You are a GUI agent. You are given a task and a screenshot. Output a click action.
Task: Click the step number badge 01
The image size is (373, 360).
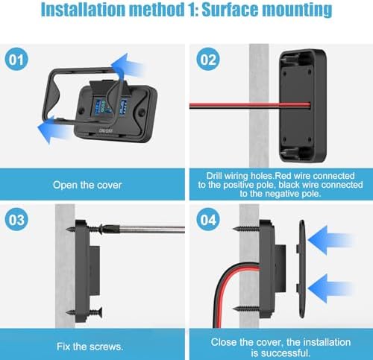pyautogui.click(x=16, y=59)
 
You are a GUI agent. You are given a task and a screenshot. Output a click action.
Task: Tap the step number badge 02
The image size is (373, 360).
pyautogui.click(x=208, y=59)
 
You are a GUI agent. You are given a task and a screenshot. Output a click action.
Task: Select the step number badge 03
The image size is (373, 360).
pyautogui.click(x=16, y=220)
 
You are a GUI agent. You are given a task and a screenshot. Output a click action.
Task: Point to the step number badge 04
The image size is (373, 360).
pyautogui.click(x=208, y=220)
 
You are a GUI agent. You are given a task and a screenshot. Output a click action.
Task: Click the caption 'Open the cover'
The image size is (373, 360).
pyautogui.click(x=87, y=185)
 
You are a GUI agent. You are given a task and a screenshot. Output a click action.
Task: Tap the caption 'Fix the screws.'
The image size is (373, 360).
pyautogui.click(x=90, y=347)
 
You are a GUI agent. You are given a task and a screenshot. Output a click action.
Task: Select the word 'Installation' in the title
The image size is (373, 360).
pyautogui.click(x=84, y=10)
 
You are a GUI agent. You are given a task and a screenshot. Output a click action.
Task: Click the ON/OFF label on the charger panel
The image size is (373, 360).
pyautogui.click(x=106, y=130)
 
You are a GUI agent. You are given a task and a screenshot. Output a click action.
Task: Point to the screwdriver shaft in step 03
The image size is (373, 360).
pyautogui.click(x=151, y=229)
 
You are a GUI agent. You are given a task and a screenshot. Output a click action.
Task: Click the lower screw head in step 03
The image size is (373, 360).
pyautogui.click(x=100, y=312)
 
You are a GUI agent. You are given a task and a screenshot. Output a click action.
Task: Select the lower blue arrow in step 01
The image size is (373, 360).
pyautogui.click(x=54, y=130)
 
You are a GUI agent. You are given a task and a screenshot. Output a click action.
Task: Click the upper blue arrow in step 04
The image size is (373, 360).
pyautogui.click(x=330, y=240)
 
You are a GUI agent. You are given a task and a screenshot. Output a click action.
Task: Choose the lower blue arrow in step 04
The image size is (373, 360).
pyautogui.click(x=330, y=288)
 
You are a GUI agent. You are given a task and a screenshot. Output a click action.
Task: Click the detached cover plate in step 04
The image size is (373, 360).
pyautogui.click(x=301, y=269)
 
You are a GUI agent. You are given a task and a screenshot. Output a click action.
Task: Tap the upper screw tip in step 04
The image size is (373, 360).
pyautogui.click(x=233, y=229)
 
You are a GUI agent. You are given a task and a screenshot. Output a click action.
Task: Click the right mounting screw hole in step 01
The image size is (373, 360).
pyautogui.click(x=142, y=112)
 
